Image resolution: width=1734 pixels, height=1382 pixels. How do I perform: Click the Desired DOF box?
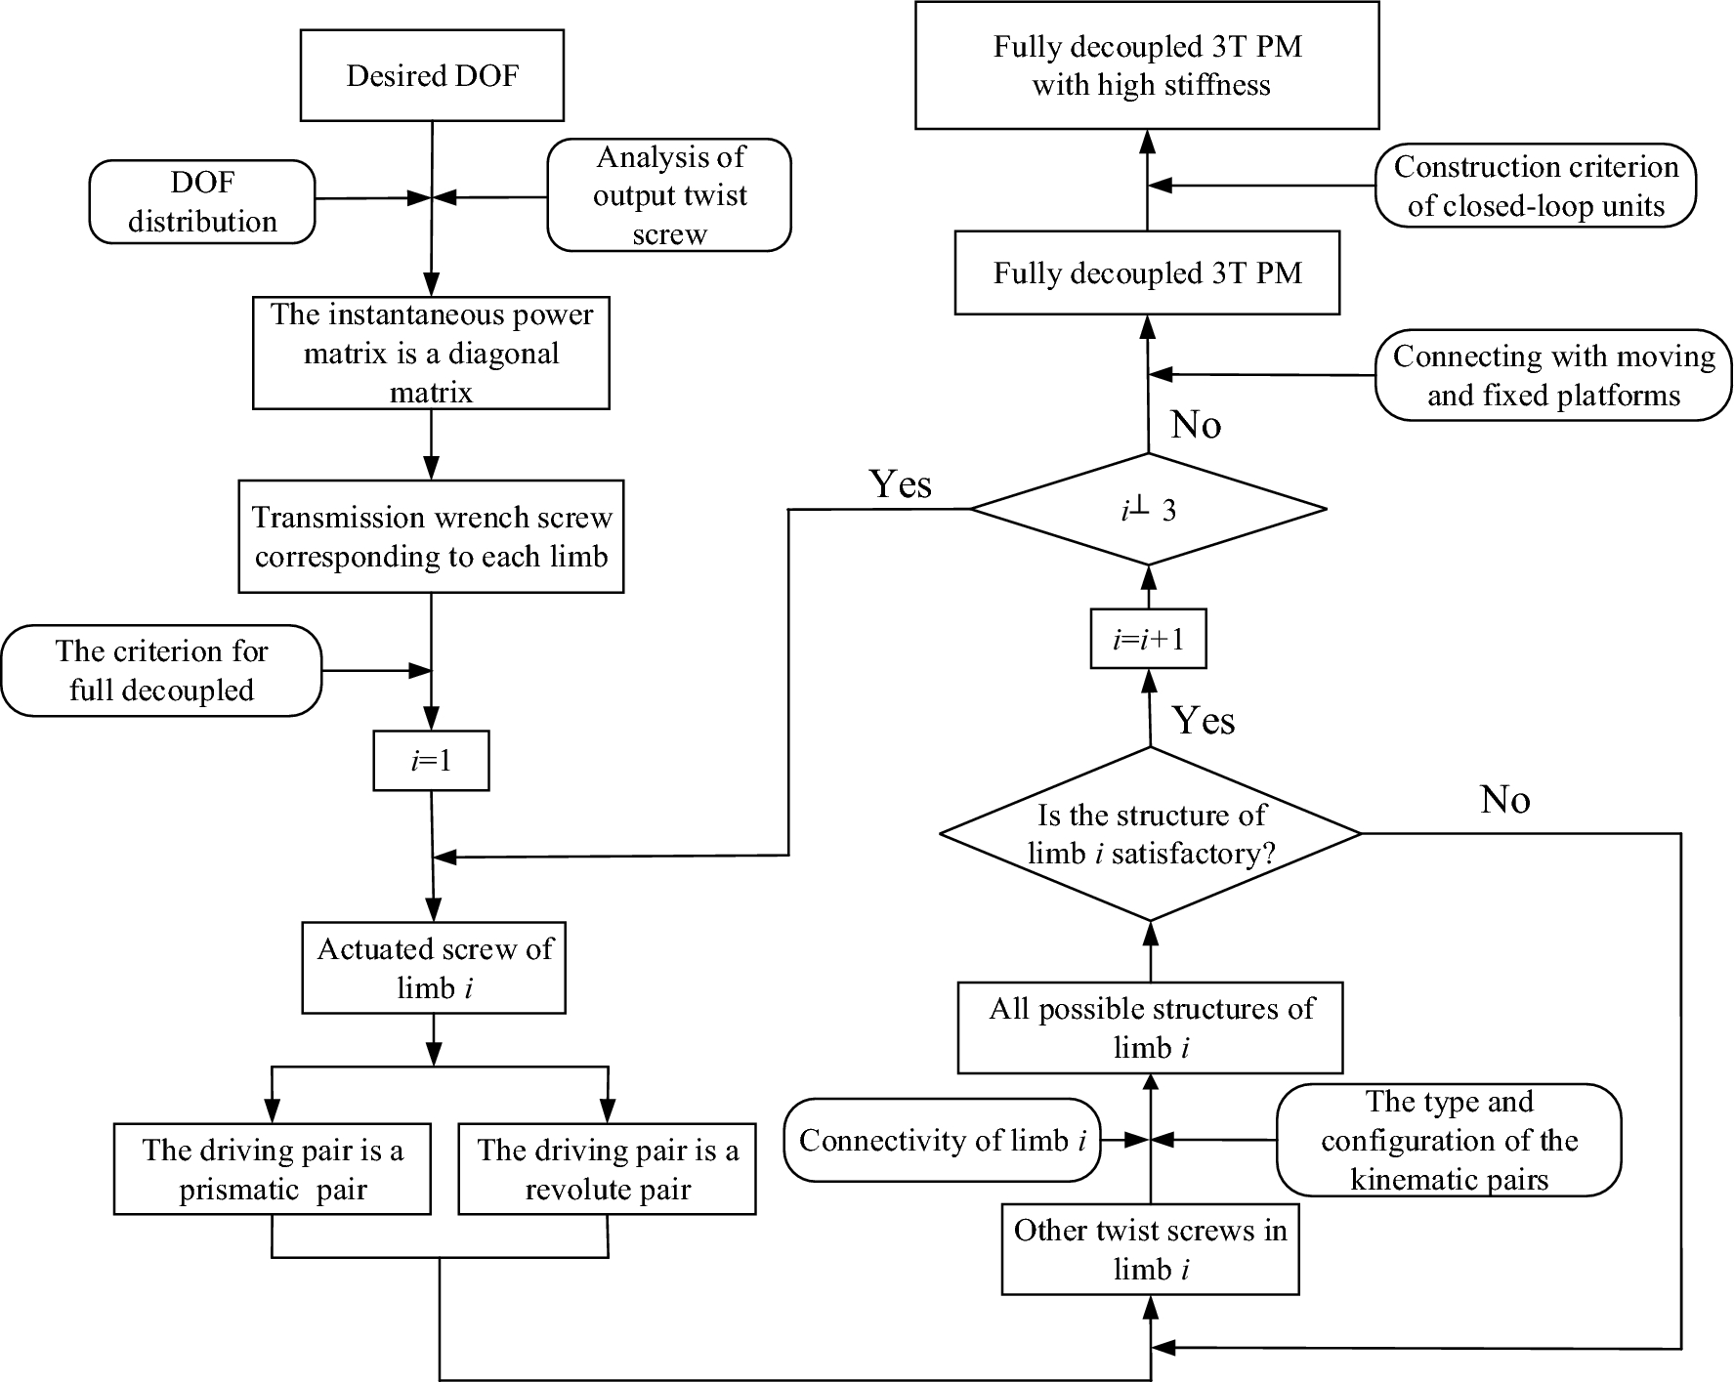[x=432, y=75]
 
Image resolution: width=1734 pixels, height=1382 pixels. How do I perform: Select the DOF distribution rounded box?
[x=202, y=202]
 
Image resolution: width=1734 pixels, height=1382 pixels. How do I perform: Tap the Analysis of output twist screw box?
[x=669, y=195]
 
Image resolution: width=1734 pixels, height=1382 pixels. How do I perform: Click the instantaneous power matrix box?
[x=431, y=353]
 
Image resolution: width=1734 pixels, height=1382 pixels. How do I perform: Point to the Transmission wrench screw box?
[x=431, y=536]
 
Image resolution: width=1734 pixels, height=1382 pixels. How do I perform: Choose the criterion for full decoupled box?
[x=161, y=671]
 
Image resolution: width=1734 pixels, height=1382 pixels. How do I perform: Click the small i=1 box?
[x=431, y=761]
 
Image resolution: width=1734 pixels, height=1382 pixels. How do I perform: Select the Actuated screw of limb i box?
[x=434, y=967]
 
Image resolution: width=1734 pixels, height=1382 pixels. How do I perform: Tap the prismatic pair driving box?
[x=273, y=1169]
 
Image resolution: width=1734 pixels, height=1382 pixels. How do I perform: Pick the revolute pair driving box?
[x=607, y=1169]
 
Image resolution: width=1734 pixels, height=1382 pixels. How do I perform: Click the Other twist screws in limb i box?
[x=1151, y=1249]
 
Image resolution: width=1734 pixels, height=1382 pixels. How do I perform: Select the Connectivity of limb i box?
[x=943, y=1140]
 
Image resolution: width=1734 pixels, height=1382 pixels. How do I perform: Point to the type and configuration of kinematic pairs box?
[x=1449, y=1140]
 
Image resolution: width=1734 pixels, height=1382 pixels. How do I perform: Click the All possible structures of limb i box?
[x=1151, y=1027]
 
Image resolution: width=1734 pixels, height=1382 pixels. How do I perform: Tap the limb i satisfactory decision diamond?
[x=1151, y=834]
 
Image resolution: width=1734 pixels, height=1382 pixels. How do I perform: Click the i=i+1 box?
[x=1148, y=640]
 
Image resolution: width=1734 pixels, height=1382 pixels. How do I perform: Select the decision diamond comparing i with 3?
[x=1149, y=509]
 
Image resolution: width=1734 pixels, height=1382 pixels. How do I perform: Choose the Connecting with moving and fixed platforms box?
[x=1553, y=375]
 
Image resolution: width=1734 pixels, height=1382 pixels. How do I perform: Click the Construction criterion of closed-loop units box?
[x=1536, y=186]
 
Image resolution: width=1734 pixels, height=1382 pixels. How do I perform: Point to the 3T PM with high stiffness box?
[x=1148, y=65]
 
